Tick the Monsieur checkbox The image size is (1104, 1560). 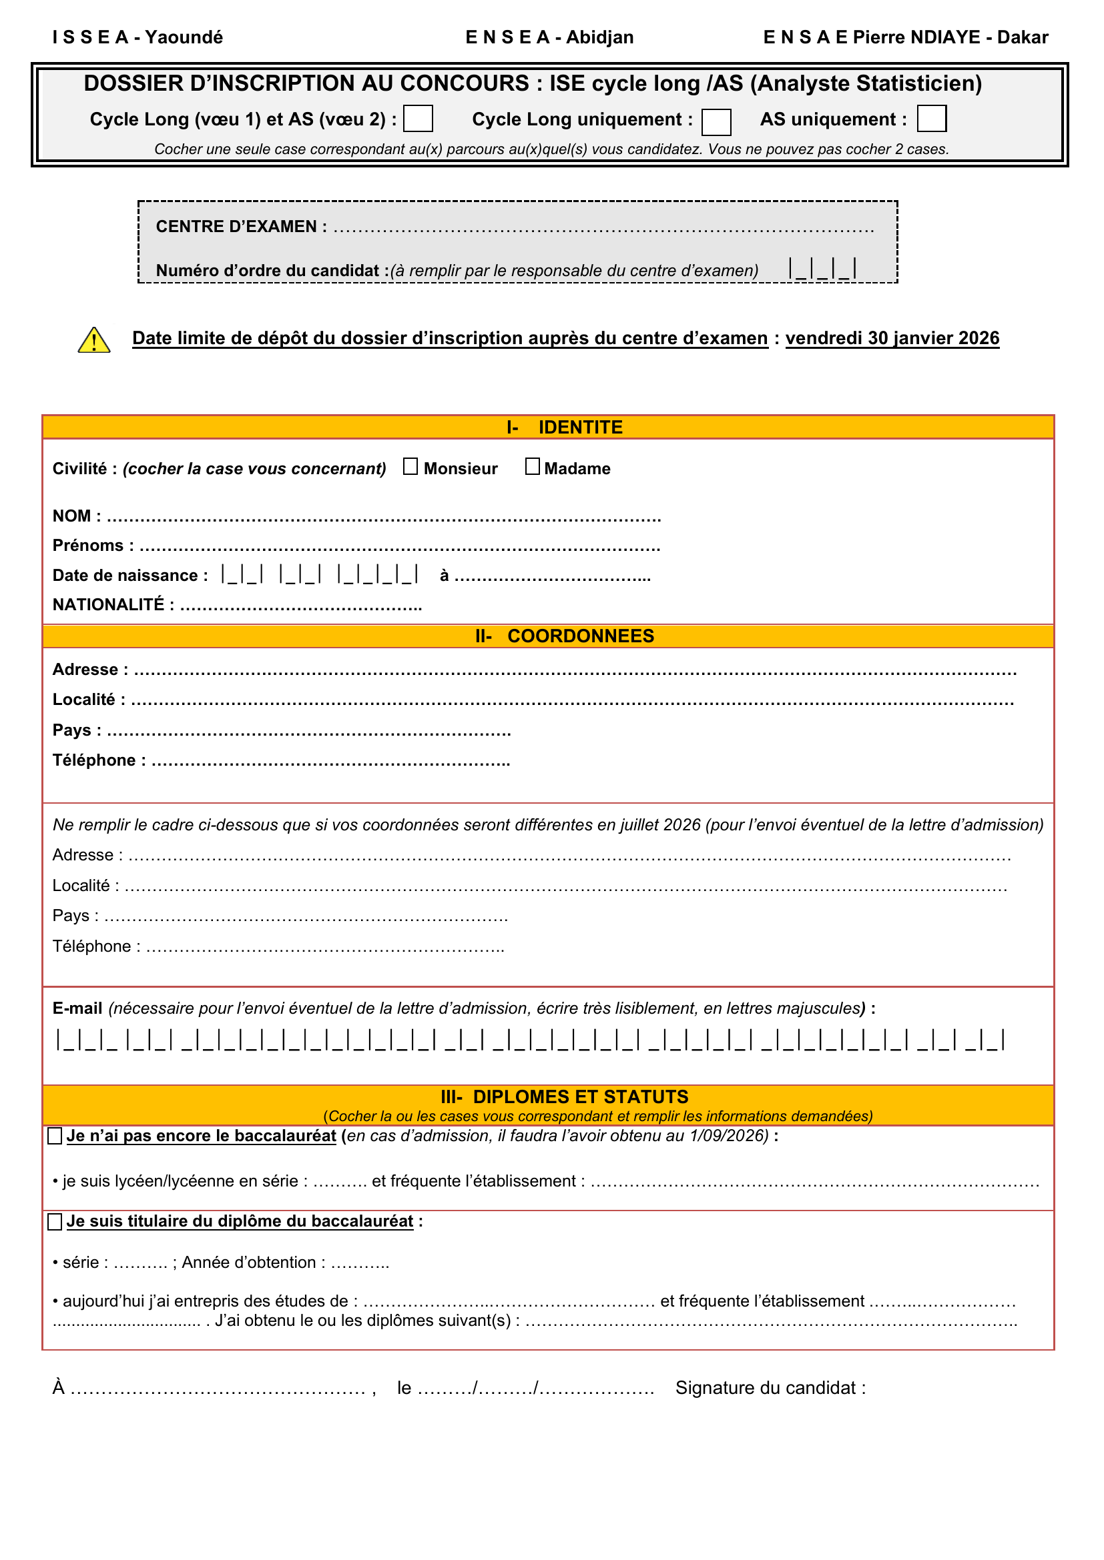tap(410, 467)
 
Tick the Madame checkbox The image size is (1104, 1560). tap(532, 467)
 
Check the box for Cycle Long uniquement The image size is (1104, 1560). tap(716, 122)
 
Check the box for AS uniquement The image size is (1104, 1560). tap(931, 118)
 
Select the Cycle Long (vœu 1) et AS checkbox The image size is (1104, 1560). tap(418, 118)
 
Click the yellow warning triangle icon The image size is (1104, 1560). tap(94, 340)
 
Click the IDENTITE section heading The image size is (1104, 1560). tap(580, 428)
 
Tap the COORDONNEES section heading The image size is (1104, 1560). tap(580, 636)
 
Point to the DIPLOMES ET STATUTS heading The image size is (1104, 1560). tap(580, 1096)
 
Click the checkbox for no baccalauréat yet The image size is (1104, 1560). tap(55, 1136)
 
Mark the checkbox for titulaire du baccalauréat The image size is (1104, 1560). tap(55, 1222)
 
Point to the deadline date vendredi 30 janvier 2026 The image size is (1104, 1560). tap(892, 338)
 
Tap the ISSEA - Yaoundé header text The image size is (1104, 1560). tap(137, 37)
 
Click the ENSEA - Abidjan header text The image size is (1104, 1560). tap(549, 37)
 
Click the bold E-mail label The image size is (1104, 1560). tap(77, 1008)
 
